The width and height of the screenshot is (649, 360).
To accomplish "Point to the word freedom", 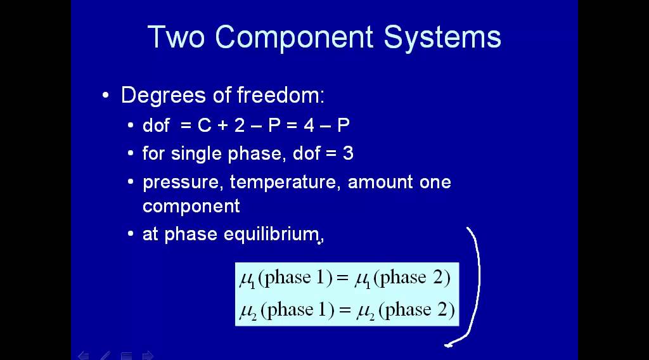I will (x=280, y=96).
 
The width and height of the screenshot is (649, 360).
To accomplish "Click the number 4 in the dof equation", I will (x=309, y=125).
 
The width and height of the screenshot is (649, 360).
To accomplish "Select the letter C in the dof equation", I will (x=204, y=125).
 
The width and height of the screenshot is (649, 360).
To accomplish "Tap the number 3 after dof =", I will (x=348, y=153).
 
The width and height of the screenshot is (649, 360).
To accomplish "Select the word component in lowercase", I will (x=191, y=206).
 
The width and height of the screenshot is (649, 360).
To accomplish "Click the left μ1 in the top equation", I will (x=247, y=279).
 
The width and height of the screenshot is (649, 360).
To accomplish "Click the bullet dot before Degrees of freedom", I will (x=105, y=96).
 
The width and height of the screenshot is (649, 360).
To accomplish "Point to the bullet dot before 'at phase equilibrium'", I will (x=130, y=235).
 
